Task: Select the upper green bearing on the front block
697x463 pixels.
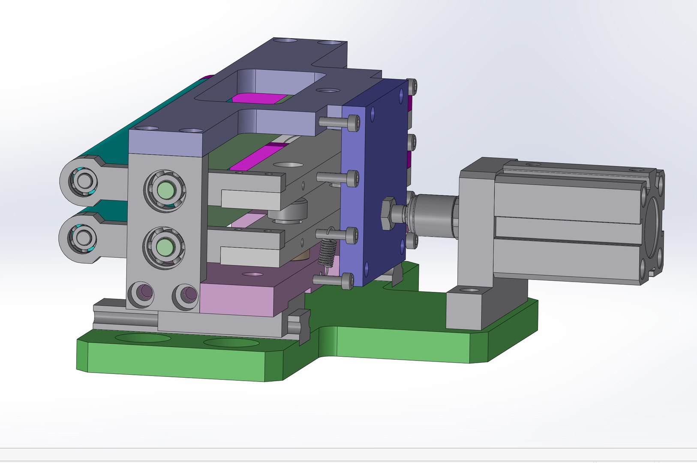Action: click(165, 189)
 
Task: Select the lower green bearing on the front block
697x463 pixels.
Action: click(164, 247)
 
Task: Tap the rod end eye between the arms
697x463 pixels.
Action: click(296, 212)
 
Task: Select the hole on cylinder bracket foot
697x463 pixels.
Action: click(470, 290)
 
